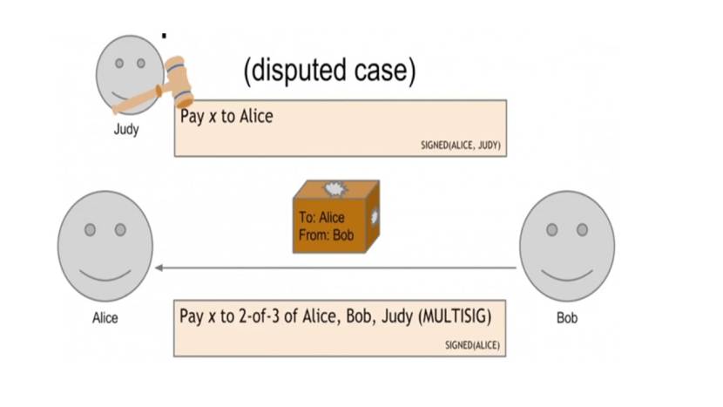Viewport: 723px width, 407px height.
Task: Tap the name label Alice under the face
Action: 105,318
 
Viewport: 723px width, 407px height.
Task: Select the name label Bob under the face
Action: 566,318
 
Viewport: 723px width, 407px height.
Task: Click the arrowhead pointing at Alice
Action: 159,268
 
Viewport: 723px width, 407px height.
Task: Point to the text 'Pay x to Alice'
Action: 226,116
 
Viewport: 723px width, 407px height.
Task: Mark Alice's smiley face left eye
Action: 90,229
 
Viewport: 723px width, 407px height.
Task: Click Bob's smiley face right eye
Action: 582,229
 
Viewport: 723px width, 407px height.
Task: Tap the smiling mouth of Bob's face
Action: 567,274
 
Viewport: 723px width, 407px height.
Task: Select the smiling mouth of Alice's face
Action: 105,274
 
